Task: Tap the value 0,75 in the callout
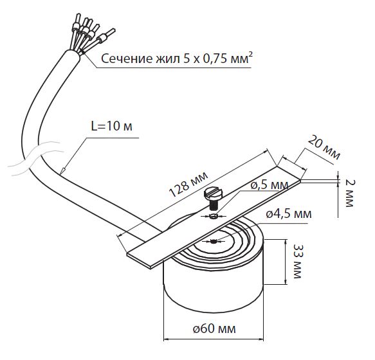[x=211, y=60]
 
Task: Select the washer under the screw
[x=213, y=217]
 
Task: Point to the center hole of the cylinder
[x=212, y=242]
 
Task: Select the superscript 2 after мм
[x=250, y=56]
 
